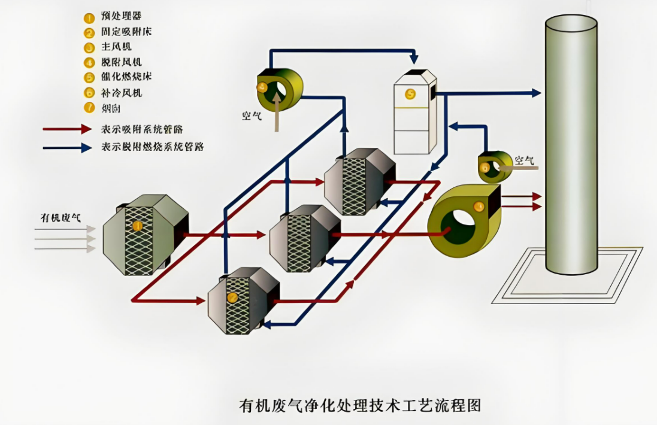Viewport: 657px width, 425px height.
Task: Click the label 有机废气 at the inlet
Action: pos(60,217)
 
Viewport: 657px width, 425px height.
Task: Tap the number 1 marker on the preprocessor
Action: pos(137,226)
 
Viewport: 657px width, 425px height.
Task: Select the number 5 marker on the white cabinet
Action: pos(410,93)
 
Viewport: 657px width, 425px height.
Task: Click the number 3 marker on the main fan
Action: pos(479,207)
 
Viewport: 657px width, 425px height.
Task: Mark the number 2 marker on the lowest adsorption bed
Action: pos(232,297)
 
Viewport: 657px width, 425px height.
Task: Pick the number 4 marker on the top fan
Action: pos(262,87)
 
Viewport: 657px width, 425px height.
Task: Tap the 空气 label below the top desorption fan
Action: pos(252,116)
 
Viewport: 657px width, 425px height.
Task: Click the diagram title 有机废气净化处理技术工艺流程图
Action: pos(360,405)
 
